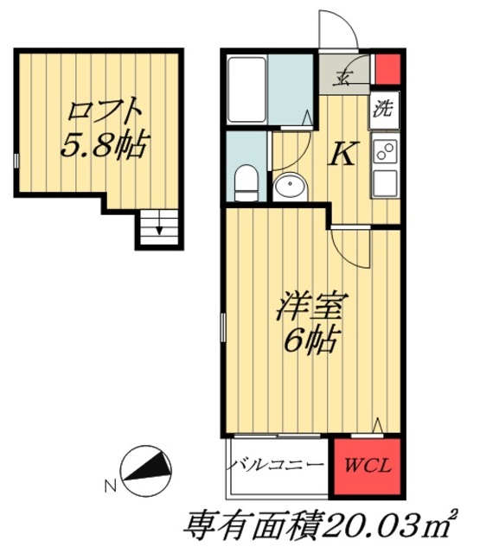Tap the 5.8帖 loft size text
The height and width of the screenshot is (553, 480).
[x=100, y=143]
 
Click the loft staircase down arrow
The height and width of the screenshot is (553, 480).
[x=158, y=230]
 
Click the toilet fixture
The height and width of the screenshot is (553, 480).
[x=246, y=180]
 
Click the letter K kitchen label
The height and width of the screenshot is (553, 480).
[x=342, y=154]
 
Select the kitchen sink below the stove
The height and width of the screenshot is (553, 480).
[x=385, y=182]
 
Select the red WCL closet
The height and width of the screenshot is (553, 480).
[x=367, y=467]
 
